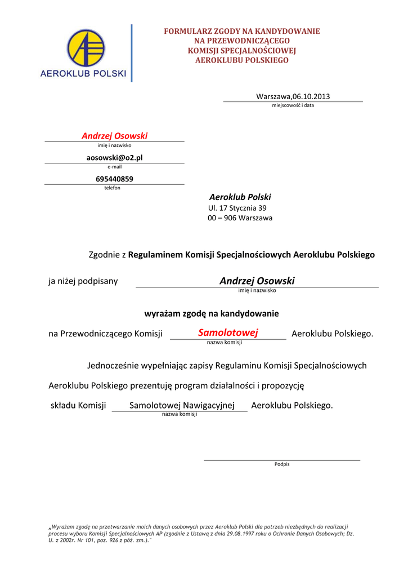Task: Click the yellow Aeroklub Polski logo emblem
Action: [86, 48]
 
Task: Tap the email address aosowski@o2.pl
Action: [114, 158]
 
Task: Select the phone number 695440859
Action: [114, 179]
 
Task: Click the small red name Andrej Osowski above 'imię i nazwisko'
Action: [114, 136]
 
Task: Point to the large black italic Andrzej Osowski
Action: [257, 281]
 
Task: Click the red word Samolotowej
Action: [228, 333]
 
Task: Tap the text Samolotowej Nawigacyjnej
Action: [181, 405]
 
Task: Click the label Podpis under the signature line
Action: [282, 464]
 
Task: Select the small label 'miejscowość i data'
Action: [293, 105]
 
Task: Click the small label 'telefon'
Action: [112, 188]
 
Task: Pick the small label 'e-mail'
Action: [114, 167]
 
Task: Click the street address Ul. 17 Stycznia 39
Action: [237, 208]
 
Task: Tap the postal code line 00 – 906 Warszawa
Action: [240, 218]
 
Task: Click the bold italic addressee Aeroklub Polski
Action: [240, 197]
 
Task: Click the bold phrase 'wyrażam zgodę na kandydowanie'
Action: [212, 313]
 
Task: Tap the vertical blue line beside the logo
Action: [132, 53]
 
